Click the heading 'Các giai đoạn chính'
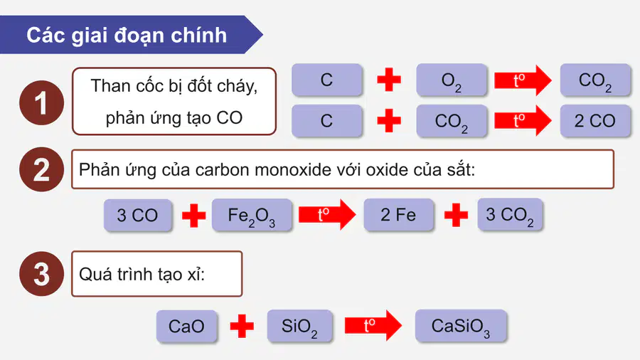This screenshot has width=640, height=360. tap(127, 35)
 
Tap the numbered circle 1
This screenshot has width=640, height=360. tap(42, 102)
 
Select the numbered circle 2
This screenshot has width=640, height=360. tap(42, 169)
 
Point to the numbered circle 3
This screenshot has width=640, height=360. tap(42, 274)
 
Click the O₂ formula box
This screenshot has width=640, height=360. tap(452, 80)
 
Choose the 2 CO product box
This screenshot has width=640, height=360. tap(595, 121)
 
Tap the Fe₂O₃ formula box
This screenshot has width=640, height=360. tap(252, 215)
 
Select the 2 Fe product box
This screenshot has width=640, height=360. tap(398, 215)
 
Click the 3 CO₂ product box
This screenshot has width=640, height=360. tap(510, 215)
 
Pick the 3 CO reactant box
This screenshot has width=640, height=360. tap(137, 216)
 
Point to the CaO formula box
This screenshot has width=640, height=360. tap(186, 326)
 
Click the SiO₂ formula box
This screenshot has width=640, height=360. tap(299, 326)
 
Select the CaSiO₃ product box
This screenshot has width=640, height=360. tap(461, 326)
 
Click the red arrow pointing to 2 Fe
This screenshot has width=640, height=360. tap(327, 215)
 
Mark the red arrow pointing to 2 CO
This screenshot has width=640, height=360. tap(523, 120)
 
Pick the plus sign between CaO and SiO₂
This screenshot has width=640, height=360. tap(242, 326)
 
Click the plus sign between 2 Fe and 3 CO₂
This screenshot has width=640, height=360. tap(456, 215)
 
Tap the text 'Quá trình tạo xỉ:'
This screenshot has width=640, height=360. tap(142, 275)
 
